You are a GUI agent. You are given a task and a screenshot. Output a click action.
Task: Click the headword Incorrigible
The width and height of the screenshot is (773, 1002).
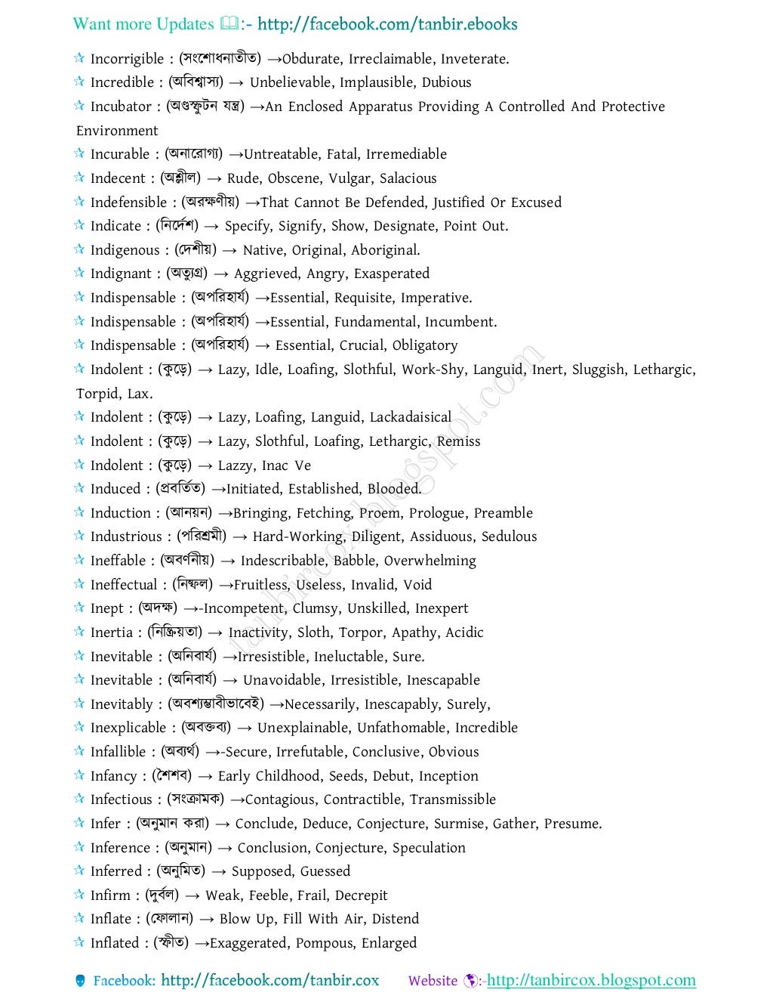point(127,59)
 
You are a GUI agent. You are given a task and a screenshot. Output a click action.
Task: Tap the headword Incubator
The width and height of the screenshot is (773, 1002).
point(121,107)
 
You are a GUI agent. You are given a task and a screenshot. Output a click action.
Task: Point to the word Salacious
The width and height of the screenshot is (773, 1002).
point(408,178)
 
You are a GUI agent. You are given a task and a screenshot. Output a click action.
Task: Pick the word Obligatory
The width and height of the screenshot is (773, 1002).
point(424,345)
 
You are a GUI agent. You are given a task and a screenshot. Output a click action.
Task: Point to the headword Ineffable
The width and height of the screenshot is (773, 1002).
point(118,561)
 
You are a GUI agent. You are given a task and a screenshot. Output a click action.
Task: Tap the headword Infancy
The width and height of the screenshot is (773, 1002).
point(113,776)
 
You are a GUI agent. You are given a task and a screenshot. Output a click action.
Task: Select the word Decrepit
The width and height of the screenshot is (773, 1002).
point(361,895)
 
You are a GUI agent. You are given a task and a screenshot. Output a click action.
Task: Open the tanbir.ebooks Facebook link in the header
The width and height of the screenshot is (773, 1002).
point(387,24)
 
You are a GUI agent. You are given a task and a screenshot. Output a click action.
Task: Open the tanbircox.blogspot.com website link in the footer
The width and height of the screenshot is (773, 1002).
point(591,981)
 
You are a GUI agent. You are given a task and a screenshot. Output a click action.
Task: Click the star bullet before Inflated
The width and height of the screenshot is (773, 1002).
point(79,942)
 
